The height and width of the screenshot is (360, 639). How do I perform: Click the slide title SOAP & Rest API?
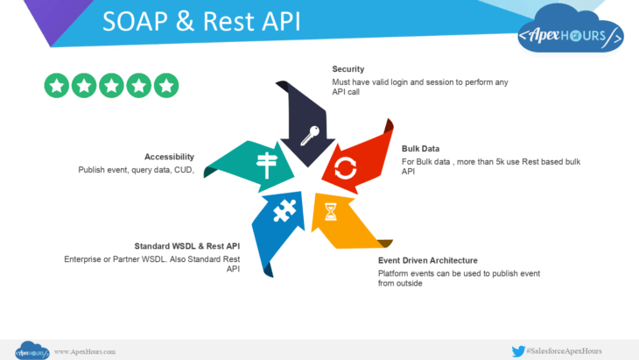click(201, 22)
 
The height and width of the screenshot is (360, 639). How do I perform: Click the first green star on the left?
click(57, 85)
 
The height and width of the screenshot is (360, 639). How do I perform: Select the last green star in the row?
click(166, 85)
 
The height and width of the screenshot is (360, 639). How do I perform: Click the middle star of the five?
click(112, 85)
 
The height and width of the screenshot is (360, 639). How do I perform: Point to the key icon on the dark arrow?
click(310, 135)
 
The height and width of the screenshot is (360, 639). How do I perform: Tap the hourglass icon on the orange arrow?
click(330, 212)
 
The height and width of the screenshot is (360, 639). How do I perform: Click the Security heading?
click(348, 68)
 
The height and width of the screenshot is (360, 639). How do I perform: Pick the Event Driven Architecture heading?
click(427, 260)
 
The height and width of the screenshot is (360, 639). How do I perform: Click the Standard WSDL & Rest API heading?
click(186, 246)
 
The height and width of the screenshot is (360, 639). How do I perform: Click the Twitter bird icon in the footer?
click(517, 350)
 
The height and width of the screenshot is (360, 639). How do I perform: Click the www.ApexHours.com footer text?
click(85, 351)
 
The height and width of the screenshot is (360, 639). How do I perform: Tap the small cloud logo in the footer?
click(32, 349)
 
